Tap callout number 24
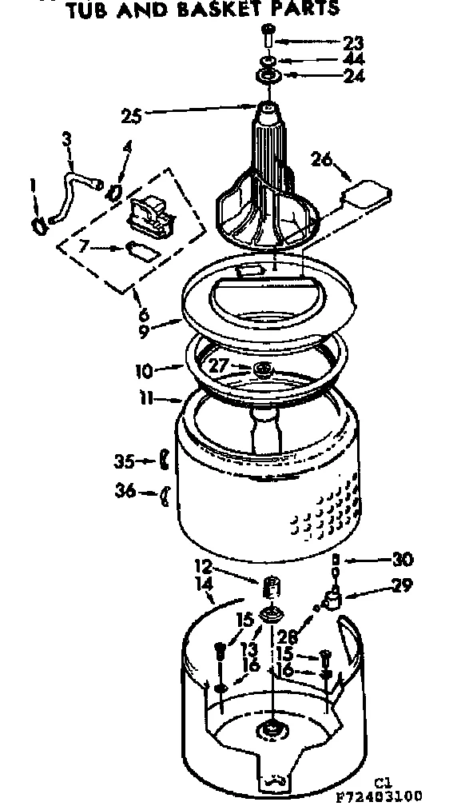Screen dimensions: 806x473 (x=353, y=76)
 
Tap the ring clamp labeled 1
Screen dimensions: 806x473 (x=38, y=225)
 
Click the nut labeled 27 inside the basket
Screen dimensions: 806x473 (x=261, y=369)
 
